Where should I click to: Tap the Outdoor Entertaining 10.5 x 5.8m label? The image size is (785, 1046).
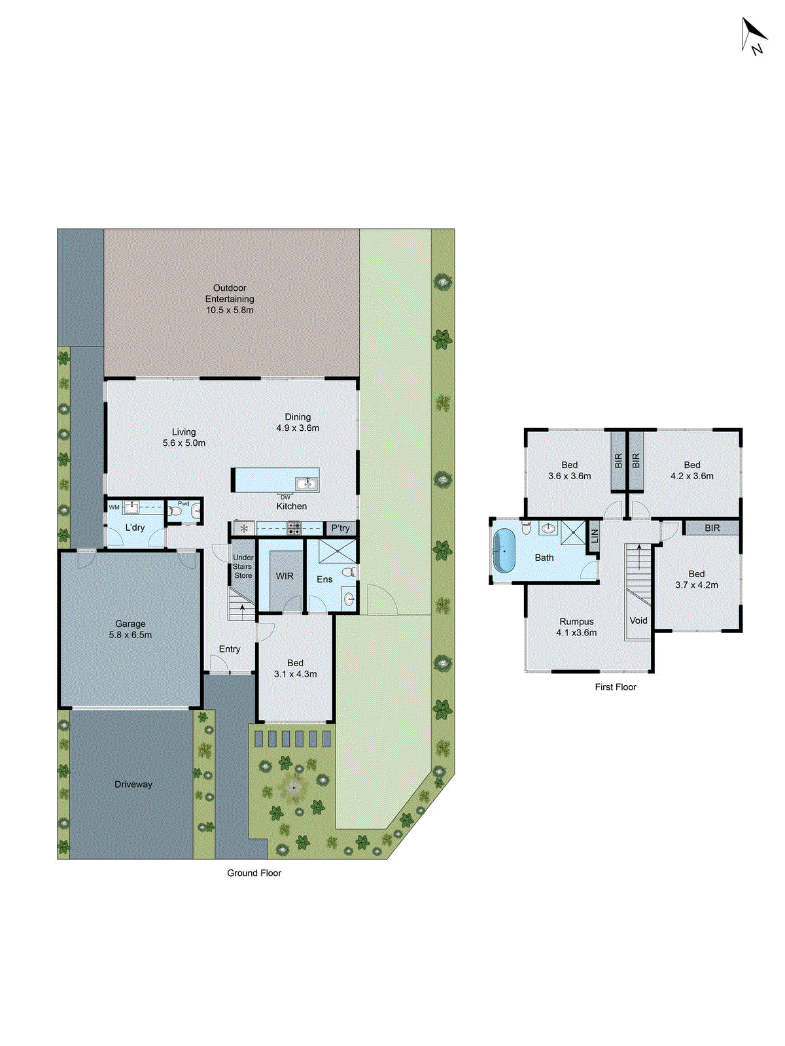tap(230, 299)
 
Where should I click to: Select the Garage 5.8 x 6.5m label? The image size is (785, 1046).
tap(130, 629)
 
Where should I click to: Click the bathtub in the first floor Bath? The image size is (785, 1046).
tap(504, 550)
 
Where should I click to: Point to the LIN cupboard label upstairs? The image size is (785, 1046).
tap(595, 536)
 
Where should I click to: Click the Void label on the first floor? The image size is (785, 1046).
tap(638, 620)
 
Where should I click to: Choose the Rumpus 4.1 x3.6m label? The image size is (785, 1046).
tap(576, 627)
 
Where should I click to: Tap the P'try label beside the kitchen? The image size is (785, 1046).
tap(340, 528)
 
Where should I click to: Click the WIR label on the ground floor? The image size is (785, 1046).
tap(285, 576)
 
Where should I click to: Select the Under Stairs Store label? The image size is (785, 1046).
tap(243, 567)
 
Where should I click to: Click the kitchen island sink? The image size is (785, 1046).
tap(305, 484)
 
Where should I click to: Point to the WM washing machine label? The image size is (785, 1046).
tap(114, 507)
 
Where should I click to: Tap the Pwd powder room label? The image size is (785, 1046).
tap(184, 503)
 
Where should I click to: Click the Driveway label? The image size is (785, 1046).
tap(133, 785)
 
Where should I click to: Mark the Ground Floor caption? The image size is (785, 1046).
tap(254, 873)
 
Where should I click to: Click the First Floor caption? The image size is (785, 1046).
tap(615, 687)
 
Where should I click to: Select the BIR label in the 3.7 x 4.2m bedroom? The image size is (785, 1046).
tap(712, 528)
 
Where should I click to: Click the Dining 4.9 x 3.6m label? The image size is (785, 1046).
tap(298, 422)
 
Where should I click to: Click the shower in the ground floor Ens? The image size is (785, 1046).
tap(338, 551)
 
